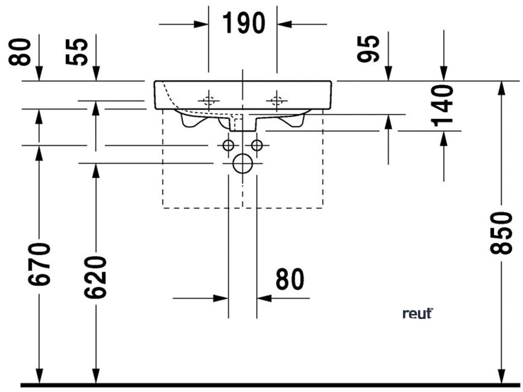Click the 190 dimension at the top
243,23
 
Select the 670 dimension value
40,264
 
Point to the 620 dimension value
96,277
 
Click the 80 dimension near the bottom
290,279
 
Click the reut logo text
418,313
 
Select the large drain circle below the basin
242,163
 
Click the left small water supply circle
228,145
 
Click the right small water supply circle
257,145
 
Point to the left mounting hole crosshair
208,100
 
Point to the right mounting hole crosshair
277,100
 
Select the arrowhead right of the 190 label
284,23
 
